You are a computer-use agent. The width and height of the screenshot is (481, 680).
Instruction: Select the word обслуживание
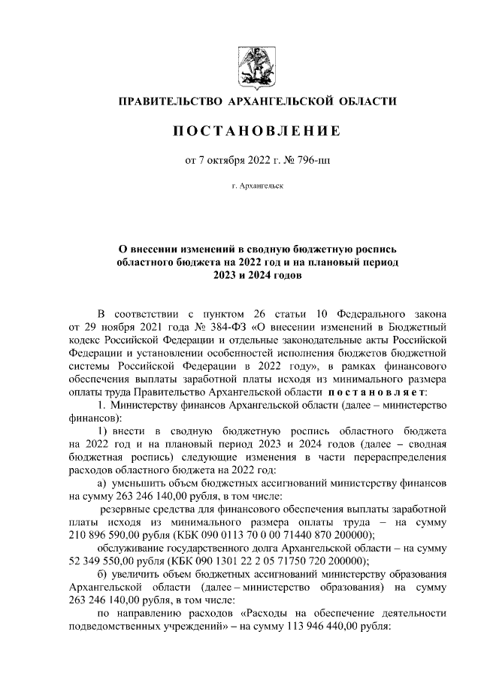tap(136, 549)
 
